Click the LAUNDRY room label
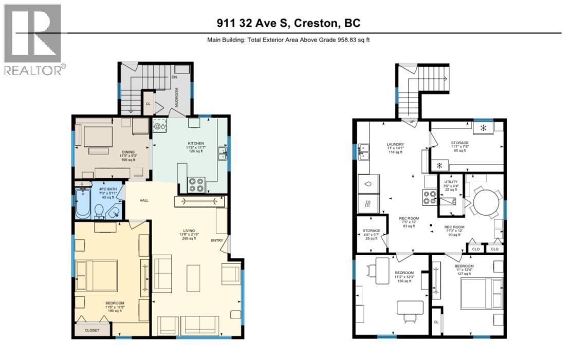(395, 144)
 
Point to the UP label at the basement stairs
(412, 122)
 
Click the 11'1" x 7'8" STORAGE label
(459, 143)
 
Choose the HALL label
(144, 200)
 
